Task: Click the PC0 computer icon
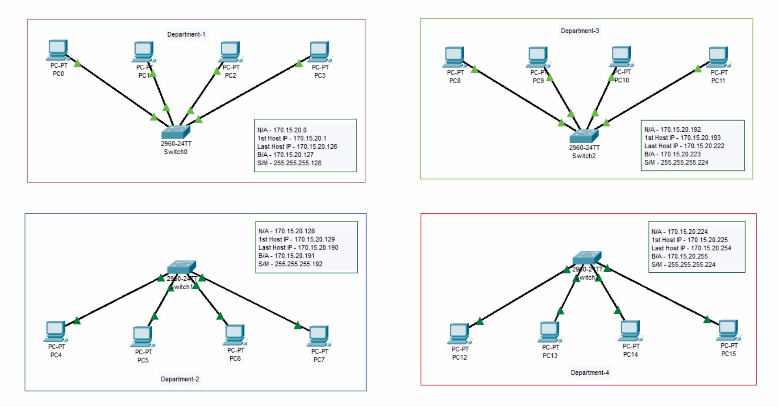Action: click(x=58, y=50)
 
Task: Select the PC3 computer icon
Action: click(x=320, y=52)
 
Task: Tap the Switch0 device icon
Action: click(x=175, y=132)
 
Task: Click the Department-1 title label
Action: click(x=186, y=34)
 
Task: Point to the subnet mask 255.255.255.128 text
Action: click(x=289, y=163)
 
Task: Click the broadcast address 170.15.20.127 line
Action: click(x=285, y=155)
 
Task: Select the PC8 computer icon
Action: click(x=454, y=58)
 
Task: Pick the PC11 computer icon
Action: click(x=719, y=58)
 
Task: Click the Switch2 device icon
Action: click(x=584, y=136)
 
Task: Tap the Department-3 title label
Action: click(x=580, y=31)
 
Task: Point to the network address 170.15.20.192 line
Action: click(x=672, y=129)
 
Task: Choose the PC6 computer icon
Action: click(x=235, y=335)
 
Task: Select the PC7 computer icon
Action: click(x=319, y=336)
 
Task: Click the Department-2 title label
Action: click(x=180, y=379)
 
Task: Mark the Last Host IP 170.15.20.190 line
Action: click(x=298, y=248)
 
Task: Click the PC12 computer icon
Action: click(x=459, y=334)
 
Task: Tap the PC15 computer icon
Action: click(x=729, y=331)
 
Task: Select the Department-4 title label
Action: click(x=590, y=373)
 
